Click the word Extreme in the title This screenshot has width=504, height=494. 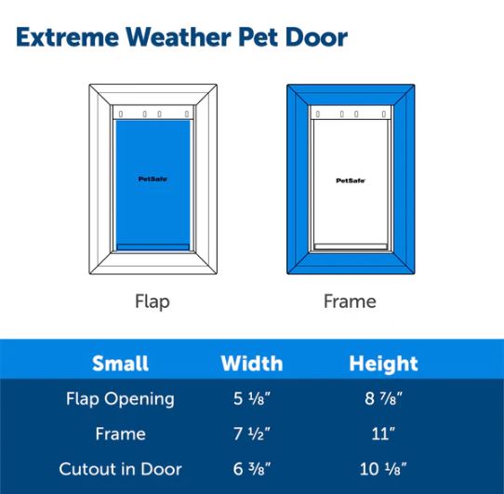pos(68,37)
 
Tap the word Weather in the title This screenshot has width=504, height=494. pos(179,37)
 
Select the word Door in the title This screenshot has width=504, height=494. pos(316,37)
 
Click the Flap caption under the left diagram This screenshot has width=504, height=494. pos(153,302)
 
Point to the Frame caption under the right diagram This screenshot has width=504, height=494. pos(350,301)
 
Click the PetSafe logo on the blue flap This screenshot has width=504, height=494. pos(153,180)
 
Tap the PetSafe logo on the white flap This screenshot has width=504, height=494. pos(351,180)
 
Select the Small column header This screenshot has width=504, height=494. pos(120,364)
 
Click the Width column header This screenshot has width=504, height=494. pos(252,364)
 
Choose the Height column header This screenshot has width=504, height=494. pos(383,364)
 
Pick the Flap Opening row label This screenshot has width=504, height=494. pos(120,399)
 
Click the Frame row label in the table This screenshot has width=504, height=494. pos(121,434)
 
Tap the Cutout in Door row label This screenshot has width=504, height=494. pos(120,469)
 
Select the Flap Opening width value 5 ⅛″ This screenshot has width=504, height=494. pos(252,398)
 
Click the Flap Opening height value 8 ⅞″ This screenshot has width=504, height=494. pos(383,398)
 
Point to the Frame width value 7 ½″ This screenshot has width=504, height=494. pos(252,434)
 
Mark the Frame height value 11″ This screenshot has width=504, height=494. pos(383,434)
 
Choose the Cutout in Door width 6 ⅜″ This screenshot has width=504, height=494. pos(252,469)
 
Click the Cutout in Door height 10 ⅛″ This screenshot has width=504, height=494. pos(383,469)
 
